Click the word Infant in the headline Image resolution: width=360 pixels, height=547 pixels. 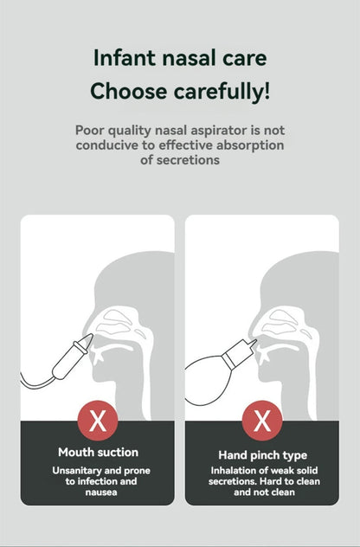[124, 58]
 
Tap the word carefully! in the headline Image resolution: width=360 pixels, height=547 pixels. [222, 92]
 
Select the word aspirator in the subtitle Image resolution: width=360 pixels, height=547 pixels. [219, 131]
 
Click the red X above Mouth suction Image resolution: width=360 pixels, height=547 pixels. [98, 421]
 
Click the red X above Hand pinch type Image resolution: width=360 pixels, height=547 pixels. [262, 421]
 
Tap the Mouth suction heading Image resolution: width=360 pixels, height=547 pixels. [99, 452]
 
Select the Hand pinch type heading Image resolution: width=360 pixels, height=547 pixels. [263, 455]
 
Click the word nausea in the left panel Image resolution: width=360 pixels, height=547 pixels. [101, 492]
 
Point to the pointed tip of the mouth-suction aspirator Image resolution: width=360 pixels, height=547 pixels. [92, 335]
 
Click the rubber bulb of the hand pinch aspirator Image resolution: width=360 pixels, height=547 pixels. [206, 380]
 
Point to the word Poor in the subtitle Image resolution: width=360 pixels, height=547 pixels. [90, 131]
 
